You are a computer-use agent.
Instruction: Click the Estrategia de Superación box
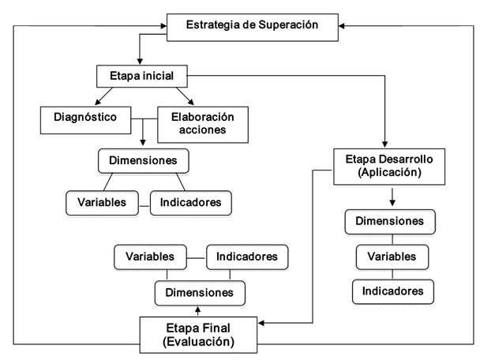252,25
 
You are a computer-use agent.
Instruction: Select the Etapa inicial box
141,77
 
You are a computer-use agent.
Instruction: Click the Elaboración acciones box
202,122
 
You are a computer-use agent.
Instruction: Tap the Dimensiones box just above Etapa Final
199,292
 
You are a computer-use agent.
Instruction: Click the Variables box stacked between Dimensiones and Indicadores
392,256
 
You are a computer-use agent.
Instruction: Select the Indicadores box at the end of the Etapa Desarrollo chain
392,291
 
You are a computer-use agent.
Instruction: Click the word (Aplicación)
389,172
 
